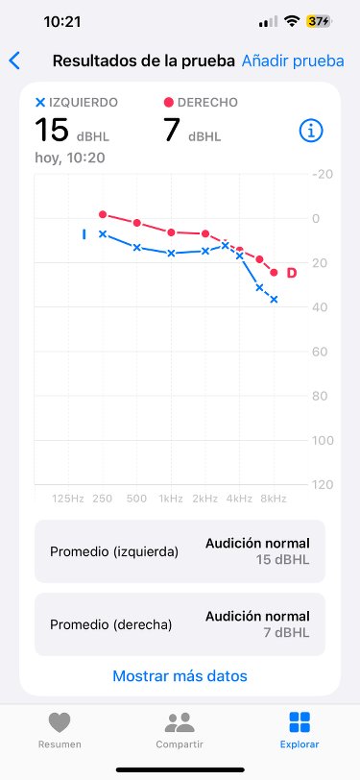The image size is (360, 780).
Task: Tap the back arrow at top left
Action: pyautogui.click(x=13, y=61)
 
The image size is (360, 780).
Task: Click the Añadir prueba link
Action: pyautogui.click(x=293, y=61)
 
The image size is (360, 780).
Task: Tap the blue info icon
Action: pyautogui.click(x=310, y=132)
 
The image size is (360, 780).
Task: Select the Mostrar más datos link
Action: pyautogui.click(x=180, y=675)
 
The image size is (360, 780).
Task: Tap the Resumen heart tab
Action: pyautogui.click(x=59, y=730)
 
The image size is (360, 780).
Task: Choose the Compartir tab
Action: pyautogui.click(x=180, y=730)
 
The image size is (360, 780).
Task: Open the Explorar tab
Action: pyautogui.click(x=300, y=730)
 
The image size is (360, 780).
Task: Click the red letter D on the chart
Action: pyautogui.click(x=292, y=274)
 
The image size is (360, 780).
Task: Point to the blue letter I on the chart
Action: pyautogui.click(x=84, y=233)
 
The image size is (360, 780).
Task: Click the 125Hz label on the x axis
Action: pyautogui.click(x=67, y=499)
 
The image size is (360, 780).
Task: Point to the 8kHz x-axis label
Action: pyautogui.click(x=274, y=499)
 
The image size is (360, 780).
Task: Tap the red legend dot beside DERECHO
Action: pyautogui.click(x=169, y=102)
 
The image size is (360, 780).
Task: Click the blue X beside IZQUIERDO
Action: pyautogui.click(x=39, y=102)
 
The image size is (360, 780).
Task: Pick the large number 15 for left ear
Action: pyautogui.click(x=51, y=130)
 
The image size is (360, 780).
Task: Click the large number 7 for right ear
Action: pyautogui.click(x=172, y=130)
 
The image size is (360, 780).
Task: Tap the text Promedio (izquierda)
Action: pyautogui.click(x=113, y=551)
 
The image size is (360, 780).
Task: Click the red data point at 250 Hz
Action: pyautogui.click(x=103, y=214)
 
